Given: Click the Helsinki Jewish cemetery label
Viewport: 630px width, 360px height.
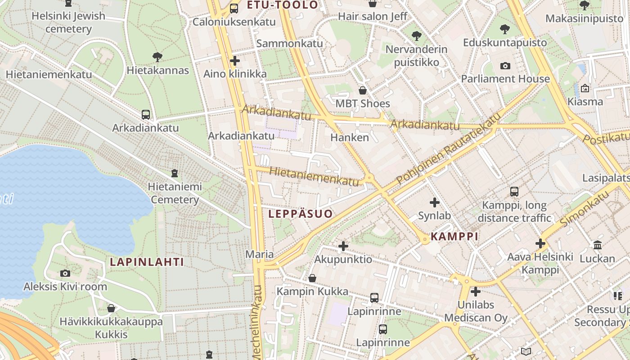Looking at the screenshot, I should tap(68, 22).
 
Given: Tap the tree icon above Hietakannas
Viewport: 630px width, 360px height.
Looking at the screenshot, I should tap(157, 57).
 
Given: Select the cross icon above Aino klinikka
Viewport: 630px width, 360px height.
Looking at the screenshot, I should tap(235, 60).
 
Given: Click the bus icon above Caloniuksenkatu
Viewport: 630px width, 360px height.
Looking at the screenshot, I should tap(234, 8).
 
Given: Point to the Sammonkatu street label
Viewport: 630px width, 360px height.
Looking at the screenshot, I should tap(290, 43).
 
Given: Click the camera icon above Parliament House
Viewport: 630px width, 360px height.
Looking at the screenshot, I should tap(505, 66).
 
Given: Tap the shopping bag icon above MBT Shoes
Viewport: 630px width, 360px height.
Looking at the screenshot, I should tap(363, 90).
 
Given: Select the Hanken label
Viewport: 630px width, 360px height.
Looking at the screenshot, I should tap(350, 137).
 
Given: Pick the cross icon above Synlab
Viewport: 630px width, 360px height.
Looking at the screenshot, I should tap(434, 202).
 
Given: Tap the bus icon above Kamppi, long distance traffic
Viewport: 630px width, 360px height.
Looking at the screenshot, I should tap(514, 192).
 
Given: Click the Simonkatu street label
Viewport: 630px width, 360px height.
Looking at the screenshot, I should tap(585, 208).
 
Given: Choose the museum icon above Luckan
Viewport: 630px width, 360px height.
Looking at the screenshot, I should tap(598, 245).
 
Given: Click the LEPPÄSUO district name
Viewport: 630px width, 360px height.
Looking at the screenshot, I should tap(301, 214).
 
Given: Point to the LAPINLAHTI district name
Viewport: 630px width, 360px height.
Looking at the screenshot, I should tap(147, 262).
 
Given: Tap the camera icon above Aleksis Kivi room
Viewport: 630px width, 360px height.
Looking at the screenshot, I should tap(65, 273).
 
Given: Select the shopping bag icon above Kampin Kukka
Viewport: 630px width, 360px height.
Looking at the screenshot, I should tap(312, 278).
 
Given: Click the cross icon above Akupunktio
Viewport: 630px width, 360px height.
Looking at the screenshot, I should tap(343, 246).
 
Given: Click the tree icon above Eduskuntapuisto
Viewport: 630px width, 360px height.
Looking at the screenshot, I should tap(505, 29).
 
